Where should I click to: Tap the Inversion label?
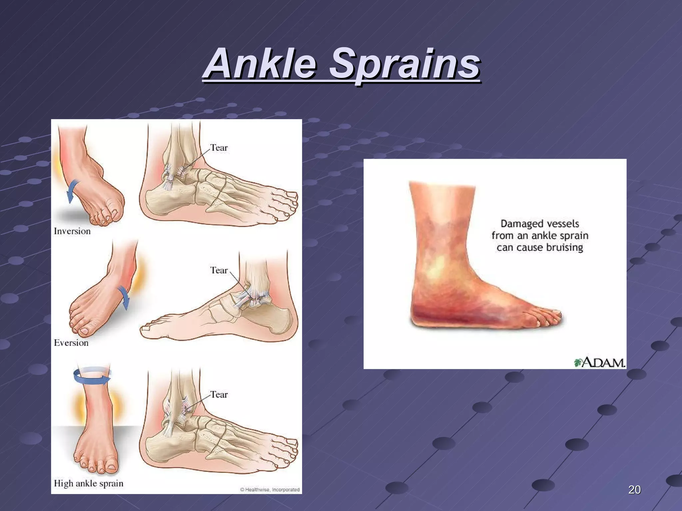point(72,231)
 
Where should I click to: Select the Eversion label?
point(71,343)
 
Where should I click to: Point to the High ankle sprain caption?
point(89,483)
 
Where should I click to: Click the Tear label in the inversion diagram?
point(219,148)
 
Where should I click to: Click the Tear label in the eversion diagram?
point(219,270)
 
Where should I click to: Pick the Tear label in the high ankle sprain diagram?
point(219,395)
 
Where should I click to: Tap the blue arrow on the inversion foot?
point(73,191)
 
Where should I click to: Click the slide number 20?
point(634,490)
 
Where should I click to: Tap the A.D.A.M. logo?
point(599,362)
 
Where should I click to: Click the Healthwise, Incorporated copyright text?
point(270,490)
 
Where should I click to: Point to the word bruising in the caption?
point(564,248)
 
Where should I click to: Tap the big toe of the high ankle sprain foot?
point(112,467)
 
